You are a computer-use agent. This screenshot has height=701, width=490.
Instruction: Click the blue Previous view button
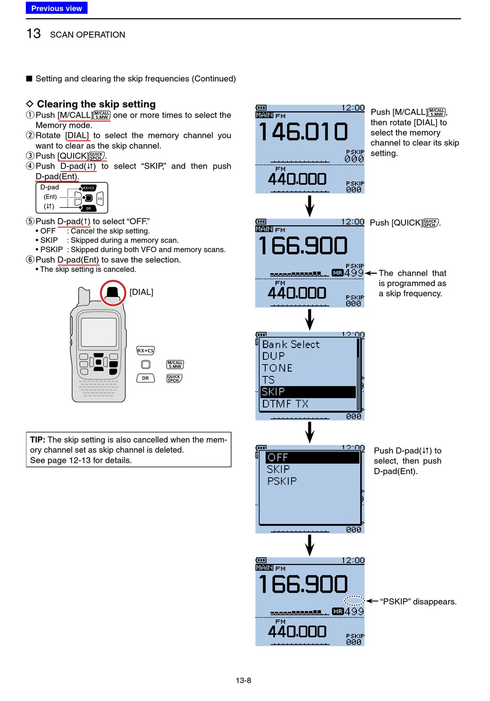[x=56, y=8]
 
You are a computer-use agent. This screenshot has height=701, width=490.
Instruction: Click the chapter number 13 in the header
[x=34, y=34]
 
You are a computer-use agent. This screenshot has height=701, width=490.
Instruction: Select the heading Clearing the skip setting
[x=96, y=104]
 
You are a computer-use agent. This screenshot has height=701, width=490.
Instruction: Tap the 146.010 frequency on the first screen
[x=303, y=131]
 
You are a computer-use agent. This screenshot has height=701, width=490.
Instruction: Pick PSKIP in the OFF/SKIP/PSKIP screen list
[x=282, y=481]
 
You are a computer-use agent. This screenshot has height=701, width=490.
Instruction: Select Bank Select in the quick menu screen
[x=291, y=344]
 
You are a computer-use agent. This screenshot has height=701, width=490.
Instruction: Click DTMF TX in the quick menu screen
[x=285, y=404]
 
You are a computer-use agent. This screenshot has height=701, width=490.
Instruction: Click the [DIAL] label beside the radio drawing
[x=141, y=292]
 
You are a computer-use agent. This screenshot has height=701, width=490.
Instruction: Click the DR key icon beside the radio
[x=145, y=378]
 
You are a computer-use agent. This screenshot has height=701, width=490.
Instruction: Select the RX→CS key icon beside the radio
[x=145, y=350]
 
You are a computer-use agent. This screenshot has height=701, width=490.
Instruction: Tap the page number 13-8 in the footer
[x=243, y=680]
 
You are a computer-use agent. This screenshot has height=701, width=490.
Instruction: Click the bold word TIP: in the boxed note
[x=38, y=440]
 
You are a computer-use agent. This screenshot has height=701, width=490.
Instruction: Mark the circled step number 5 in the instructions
[x=30, y=221]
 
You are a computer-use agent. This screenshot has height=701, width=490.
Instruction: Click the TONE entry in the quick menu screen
[x=277, y=368]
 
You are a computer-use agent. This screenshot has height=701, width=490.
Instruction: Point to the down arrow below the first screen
[x=309, y=206]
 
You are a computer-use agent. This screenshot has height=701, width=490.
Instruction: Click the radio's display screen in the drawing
[x=99, y=332]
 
